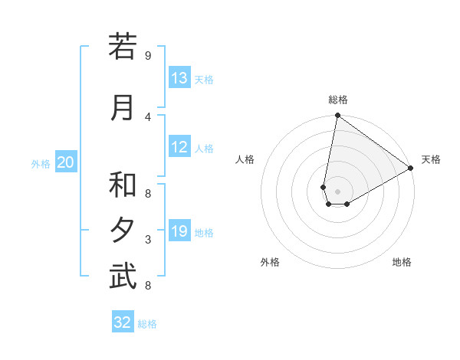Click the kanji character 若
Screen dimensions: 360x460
123,47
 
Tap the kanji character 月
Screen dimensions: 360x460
123,107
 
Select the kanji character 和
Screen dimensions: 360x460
123,185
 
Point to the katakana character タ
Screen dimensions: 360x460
123,231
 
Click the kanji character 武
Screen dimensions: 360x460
123,277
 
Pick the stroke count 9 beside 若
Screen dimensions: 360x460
147,55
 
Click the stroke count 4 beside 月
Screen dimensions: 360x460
147,116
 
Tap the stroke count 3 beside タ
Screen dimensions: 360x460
147,240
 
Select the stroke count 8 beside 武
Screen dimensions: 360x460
147,286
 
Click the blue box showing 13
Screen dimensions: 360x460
179,78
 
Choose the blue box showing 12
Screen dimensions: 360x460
179,147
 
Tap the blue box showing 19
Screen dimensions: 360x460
179,231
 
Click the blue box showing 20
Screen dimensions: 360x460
66,162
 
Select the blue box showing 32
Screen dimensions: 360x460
123,322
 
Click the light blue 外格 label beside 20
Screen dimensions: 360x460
41,163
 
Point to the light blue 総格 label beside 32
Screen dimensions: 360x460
148,324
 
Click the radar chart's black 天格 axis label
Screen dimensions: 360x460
431,159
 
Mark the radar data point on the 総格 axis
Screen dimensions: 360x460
337,116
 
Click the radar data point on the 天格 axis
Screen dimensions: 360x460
411,168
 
